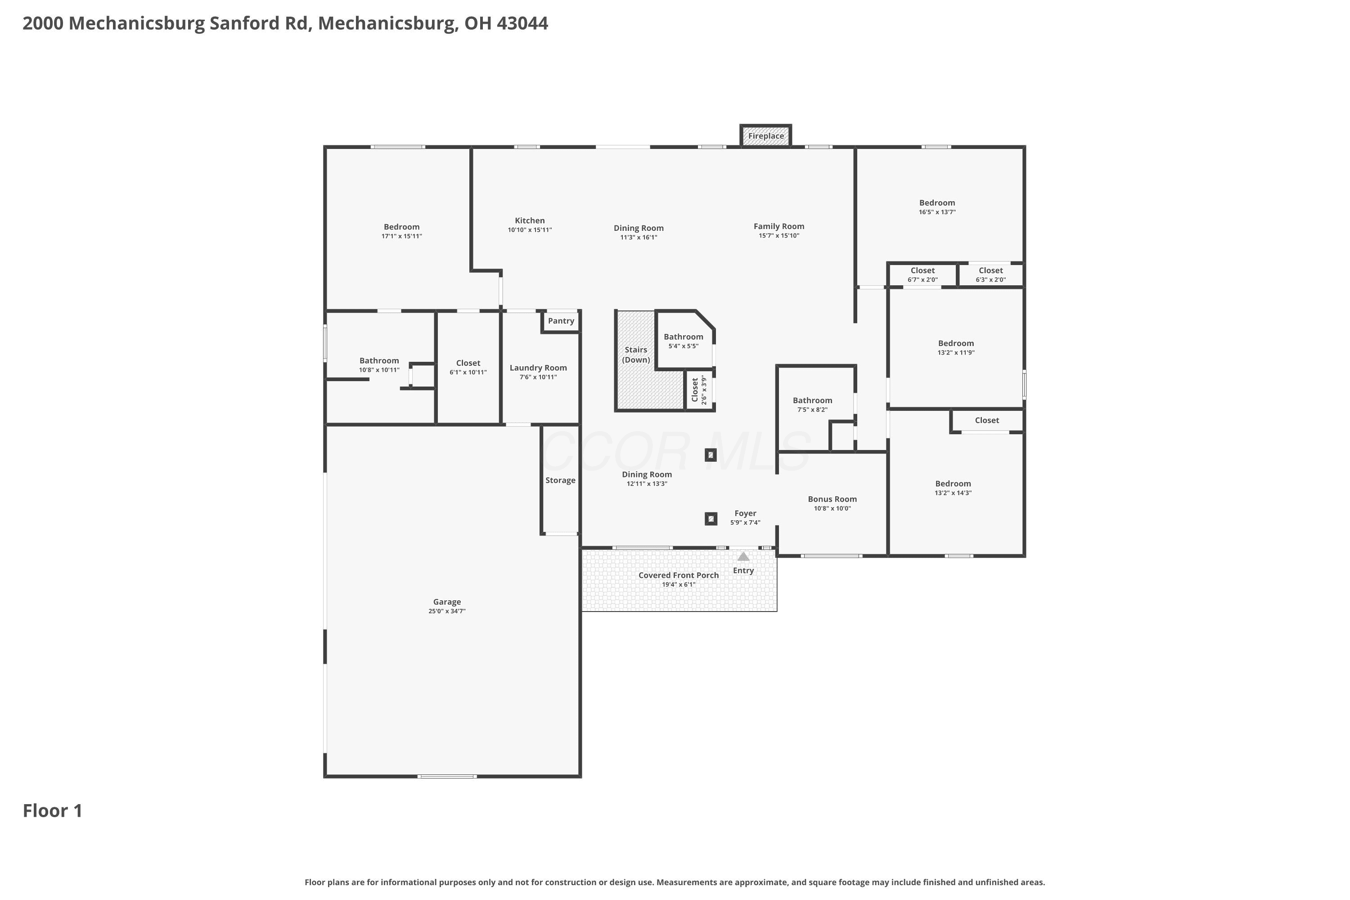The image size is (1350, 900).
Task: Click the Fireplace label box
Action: [x=766, y=136]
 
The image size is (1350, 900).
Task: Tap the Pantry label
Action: [x=561, y=321]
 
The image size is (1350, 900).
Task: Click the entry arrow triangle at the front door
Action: [x=743, y=556]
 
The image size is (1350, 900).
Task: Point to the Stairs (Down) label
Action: [x=636, y=355]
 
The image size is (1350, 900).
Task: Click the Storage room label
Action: [x=560, y=481]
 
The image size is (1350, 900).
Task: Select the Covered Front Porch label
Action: [x=679, y=575]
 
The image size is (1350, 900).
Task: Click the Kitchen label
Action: [x=530, y=220]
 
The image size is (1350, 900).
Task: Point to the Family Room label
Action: [x=779, y=226]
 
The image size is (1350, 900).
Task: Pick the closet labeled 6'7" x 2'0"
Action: [x=922, y=275]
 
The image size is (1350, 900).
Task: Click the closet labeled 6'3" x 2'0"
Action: [x=991, y=275]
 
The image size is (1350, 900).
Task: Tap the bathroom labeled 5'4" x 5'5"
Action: [x=683, y=341]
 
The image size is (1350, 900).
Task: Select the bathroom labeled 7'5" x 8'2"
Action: [x=812, y=405]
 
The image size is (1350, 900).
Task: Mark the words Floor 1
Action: [x=53, y=810]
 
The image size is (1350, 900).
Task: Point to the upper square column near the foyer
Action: [x=711, y=455]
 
